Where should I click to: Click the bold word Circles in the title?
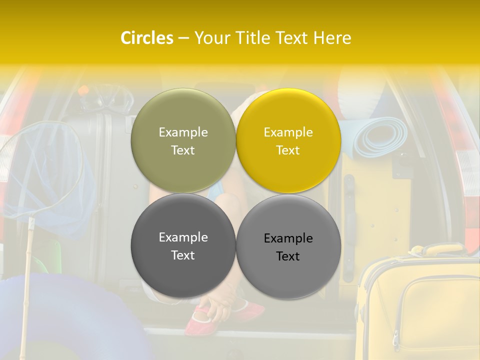(x=146, y=38)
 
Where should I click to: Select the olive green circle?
(x=183, y=141)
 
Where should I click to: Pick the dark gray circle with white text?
(x=183, y=246)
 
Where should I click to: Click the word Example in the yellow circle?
(x=288, y=132)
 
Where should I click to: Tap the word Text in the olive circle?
(x=183, y=150)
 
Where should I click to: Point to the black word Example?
(x=288, y=238)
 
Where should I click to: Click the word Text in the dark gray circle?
(x=183, y=255)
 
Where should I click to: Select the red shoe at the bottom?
(x=200, y=320)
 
